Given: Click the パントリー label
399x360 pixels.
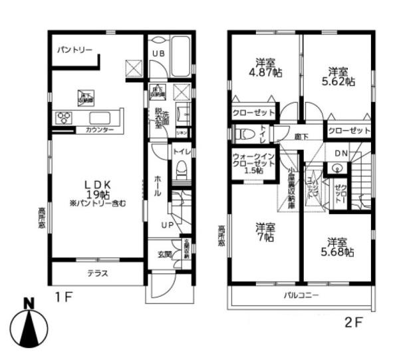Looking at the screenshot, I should pos(74,49).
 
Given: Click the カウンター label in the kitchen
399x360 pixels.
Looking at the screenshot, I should pos(99,129).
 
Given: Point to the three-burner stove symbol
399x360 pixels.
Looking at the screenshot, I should pos(65,118).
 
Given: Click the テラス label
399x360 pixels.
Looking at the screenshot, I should pos(97,273).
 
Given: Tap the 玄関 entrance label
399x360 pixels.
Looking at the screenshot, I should pos(164,253).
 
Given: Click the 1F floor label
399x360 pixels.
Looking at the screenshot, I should pos(65,297).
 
